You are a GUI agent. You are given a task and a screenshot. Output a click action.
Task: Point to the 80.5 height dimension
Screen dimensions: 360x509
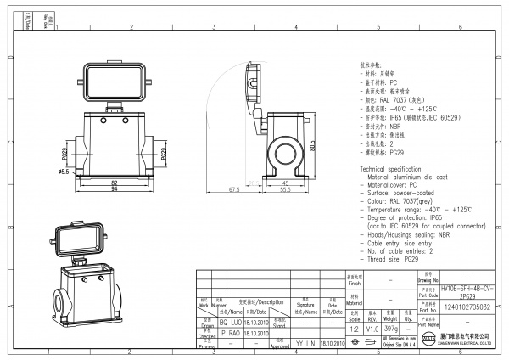pos(312,146)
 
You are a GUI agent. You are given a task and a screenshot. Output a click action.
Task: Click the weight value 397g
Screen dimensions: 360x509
pos(391,327)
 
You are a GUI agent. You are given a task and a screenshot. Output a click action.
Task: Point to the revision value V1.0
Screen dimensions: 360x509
pos(372,327)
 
